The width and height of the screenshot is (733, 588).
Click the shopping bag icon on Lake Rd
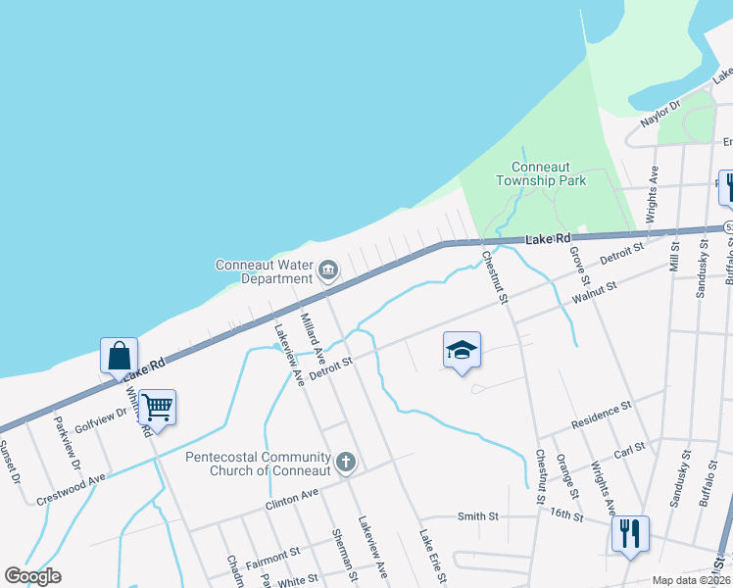(x=118, y=356)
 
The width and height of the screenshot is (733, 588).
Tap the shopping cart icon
(x=157, y=407)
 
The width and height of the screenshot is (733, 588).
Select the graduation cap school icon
(x=462, y=351)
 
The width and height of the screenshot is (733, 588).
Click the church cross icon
(x=344, y=461)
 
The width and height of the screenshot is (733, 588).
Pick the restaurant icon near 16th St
(x=628, y=534)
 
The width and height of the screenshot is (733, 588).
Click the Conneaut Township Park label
(x=541, y=174)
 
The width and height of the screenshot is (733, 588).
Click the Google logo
(x=32, y=576)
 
